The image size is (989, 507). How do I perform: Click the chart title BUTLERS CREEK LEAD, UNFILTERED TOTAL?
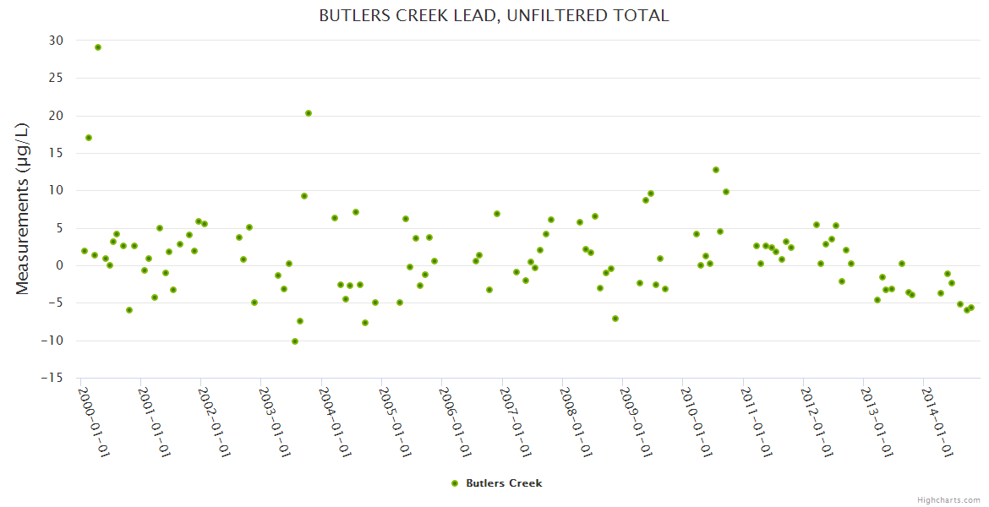click(494, 16)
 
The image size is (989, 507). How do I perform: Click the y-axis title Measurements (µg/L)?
click(23, 209)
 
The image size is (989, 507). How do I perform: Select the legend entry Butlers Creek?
click(504, 483)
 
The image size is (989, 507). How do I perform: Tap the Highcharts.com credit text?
click(948, 499)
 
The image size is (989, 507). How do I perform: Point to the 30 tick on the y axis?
click(56, 41)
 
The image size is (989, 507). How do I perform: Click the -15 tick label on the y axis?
click(52, 378)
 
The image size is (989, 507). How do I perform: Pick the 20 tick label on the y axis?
click(56, 116)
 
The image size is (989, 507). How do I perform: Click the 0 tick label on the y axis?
click(59, 265)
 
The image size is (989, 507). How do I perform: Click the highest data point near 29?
click(98, 47)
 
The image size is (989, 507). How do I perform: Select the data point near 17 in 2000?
click(89, 138)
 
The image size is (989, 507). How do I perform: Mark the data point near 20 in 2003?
click(309, 113)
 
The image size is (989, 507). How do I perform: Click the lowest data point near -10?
click(295, 341)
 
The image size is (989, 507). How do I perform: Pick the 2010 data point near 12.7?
click(716, 170)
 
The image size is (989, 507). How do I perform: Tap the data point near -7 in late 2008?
click(615, 319)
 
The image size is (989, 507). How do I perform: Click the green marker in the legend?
click(455, 483)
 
